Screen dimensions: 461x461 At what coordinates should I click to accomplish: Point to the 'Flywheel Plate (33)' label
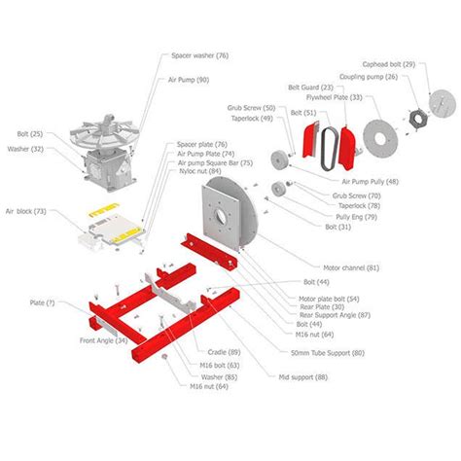pyautogui.click(x=356, y=96)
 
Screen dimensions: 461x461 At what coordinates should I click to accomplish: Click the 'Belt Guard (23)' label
pyautogui.click(x=322, y=87)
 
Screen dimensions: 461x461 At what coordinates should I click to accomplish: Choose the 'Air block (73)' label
pyautogui.click(x=25, y=210)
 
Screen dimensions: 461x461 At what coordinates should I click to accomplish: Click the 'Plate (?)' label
pyautogui.click(x=42, y=302)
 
